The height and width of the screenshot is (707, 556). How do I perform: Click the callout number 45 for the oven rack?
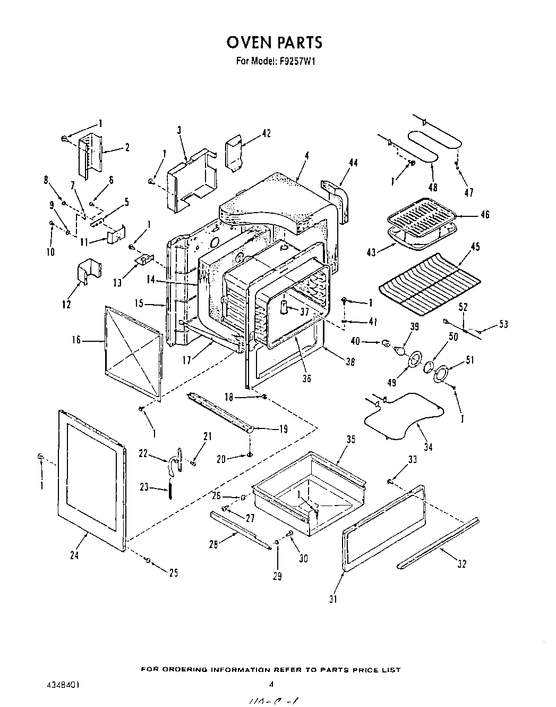tap(475, 247)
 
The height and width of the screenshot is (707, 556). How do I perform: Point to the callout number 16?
tap(76, 340)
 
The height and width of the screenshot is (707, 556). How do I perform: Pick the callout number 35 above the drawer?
tap(350, 440)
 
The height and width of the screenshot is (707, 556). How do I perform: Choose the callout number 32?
tap(461, 564)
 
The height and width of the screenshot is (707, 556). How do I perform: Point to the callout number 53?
tap(503, 324)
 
